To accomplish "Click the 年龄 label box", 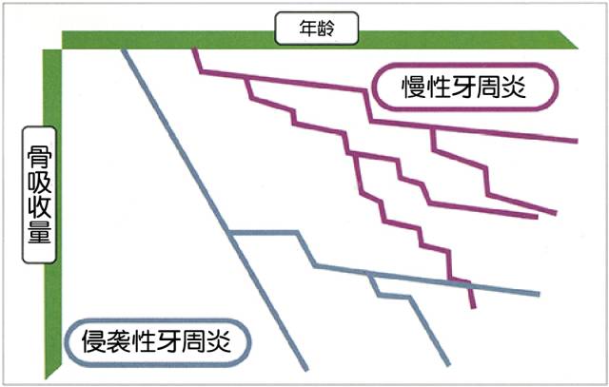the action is coord(317,28).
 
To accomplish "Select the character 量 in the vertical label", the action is coord(39,231).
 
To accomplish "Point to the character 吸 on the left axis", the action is coord(39,183).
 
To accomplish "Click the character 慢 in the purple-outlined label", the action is coord(414,87).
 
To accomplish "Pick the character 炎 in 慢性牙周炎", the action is coord(514,87).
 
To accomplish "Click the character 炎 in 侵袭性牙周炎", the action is coord(219,341).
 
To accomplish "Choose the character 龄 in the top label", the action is coord(325,28).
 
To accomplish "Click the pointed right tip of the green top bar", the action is coord(578,48).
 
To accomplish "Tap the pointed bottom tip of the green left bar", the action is coord(46,378).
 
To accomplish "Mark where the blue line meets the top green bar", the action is coord(124,49).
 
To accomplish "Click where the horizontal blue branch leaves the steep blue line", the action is coord(230,233).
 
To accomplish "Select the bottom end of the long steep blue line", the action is coord(306,370).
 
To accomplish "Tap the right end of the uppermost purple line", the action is coord(578,141).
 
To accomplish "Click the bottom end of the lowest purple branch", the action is coord(474,308).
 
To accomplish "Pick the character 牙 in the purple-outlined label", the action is coord(463,87).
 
